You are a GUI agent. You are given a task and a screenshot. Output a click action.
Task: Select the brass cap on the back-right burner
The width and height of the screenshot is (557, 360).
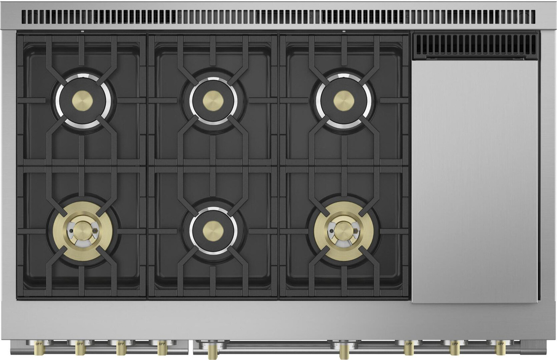344,100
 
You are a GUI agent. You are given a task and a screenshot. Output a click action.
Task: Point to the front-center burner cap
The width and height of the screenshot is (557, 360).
213,229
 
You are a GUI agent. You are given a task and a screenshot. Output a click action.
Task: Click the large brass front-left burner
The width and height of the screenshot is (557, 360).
82,230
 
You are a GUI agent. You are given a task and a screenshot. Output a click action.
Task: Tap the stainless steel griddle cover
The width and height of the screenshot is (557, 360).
475,181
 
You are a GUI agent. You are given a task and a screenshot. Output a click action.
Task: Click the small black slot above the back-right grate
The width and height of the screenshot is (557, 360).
344,32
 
